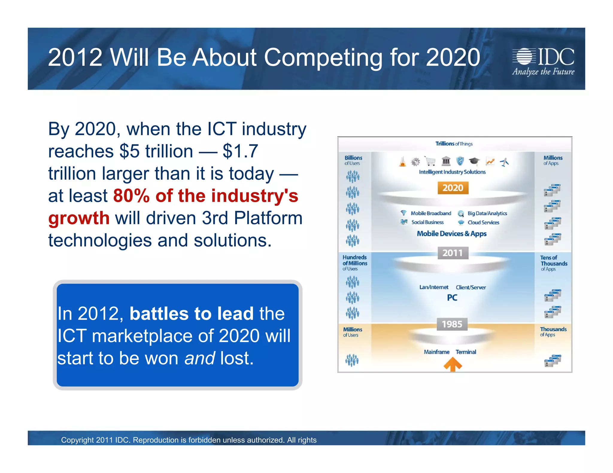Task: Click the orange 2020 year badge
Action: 453,188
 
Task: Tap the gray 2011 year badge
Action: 453,253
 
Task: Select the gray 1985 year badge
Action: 452,324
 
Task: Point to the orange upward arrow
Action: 452,365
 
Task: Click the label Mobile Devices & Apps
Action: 452,234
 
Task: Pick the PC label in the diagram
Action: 452,298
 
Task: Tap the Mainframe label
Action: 436,352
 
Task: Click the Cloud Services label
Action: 483,222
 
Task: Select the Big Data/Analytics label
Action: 487,213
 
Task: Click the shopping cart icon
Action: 430,161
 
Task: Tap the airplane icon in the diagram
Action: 505,162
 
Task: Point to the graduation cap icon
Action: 474,161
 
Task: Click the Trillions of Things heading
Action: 454,144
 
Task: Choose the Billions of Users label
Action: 353,160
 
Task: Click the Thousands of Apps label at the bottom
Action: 553,332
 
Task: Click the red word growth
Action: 79,218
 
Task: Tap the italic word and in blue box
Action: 199,358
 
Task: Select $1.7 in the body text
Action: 240,151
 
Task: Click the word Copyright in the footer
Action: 78,440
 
